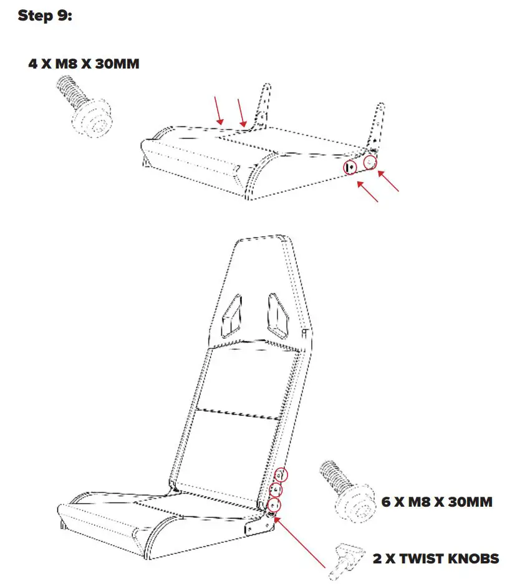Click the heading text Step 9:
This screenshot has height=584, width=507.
click(x=45, y=16)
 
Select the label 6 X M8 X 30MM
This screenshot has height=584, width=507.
click(x=437, y=501)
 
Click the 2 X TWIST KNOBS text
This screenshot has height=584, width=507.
click(x=436, y=558)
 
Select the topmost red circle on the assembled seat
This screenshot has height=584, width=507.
click(x=282, y=475)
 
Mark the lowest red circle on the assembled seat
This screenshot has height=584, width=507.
click(x=274, y=504)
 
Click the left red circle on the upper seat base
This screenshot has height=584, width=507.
click(x=350, y=167)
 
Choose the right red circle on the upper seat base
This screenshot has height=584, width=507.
click(x=370, y=162)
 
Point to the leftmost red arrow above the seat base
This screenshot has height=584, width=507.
click(x=218, y=110)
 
